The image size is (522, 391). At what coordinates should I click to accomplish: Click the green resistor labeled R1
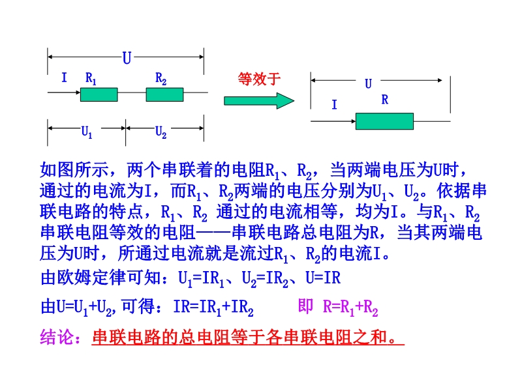pos(99,94)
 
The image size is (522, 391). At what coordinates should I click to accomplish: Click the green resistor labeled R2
pos(165,94)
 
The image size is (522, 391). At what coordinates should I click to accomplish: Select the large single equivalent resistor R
pos(384,121)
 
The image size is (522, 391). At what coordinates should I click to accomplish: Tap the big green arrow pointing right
pos(259,100)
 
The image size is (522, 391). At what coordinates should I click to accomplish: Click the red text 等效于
pos(259,79)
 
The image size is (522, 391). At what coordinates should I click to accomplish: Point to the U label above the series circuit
pos(127,58)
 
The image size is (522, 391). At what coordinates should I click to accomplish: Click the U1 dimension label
pos(87,132)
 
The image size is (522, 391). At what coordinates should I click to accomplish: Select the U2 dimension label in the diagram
pos(161,132)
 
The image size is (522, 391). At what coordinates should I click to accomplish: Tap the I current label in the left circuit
pos(64,78)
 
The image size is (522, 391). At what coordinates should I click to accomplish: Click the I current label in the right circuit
pos(335,104)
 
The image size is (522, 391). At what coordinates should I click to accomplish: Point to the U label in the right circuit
pos(368,83)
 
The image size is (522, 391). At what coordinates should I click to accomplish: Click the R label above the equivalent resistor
pos(385,99)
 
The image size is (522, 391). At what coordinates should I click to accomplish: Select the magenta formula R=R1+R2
pos(350,307)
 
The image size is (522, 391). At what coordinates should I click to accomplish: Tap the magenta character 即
pos(305,306)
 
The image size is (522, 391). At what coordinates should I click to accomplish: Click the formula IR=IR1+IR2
pos(213,307)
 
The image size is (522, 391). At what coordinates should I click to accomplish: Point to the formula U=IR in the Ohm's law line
pos(323,278)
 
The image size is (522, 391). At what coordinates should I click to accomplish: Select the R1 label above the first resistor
pos(91,79)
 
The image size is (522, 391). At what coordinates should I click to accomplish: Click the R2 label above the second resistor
pos(161,79)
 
